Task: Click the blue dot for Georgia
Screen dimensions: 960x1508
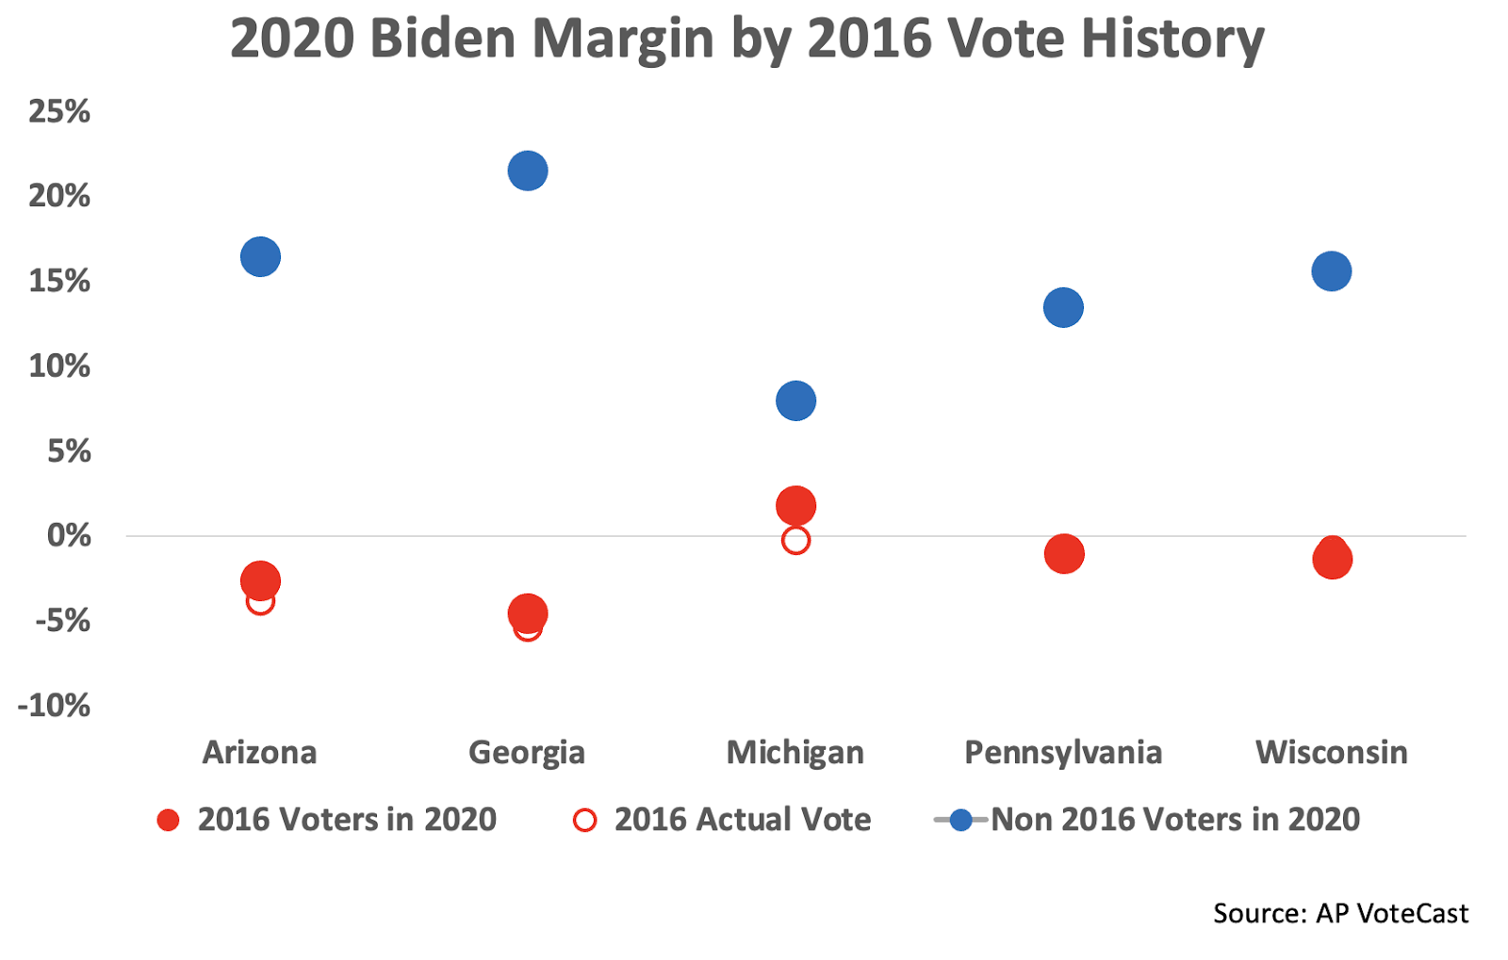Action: coord(528,171)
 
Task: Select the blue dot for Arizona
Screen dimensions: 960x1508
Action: coord(260,256)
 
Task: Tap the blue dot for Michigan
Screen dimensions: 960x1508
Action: coord(795,400)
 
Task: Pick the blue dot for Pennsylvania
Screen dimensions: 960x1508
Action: coord(1063,307)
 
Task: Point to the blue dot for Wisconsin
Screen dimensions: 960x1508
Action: coord(1331,271)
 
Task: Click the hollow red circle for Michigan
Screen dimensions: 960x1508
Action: coord(795,541)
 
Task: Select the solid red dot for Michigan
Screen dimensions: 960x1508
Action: coord(795,506)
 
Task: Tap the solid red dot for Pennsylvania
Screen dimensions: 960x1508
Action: coord(1064,554)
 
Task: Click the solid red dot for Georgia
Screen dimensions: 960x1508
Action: coord(528,613)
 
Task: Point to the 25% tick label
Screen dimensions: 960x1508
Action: coord(59,111)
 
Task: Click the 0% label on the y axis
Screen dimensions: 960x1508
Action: coord(69,535)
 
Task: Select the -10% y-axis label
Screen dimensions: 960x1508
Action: coord(54,705)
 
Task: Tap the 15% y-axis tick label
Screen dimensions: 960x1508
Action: coord(59,281)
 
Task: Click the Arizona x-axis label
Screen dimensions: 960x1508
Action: coord(259,752)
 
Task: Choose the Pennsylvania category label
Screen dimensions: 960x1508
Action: coord(1062,752)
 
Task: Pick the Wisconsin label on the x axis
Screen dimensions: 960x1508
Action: coord(1331,752)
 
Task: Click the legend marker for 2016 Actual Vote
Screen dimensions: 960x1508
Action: coord(584,820)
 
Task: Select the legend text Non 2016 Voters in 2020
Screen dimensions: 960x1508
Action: coord(1175,820)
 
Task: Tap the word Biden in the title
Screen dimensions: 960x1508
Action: coord(448,39)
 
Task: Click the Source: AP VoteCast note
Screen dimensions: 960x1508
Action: coord(1340,913)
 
